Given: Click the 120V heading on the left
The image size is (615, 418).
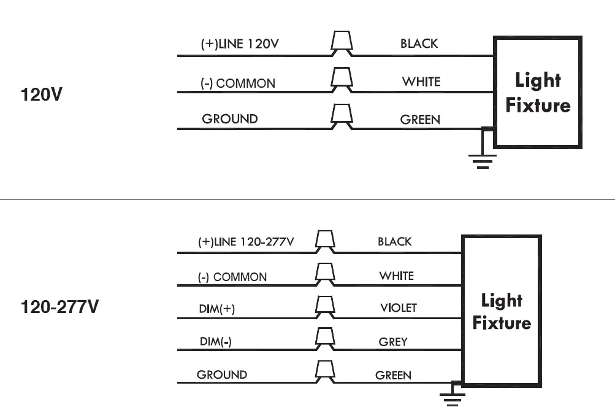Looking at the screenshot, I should point(41,95).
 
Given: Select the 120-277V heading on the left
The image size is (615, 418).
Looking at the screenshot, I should point(59,306).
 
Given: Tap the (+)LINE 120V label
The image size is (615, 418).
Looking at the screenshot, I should point(241,44).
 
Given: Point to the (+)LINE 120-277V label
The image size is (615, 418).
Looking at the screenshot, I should point(246,242).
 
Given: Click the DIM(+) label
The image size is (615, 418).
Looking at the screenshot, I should point(216,309).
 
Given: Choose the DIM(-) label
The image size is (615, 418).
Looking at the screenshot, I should point(216,342).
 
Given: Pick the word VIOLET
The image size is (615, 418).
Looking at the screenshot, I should point(398,308).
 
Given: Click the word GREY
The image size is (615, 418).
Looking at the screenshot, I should point(393,341).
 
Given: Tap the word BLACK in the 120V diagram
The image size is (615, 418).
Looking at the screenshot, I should point(419,44).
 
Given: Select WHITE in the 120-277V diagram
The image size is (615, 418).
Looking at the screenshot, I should point(396,276).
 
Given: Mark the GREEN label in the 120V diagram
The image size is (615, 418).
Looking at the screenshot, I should point(420,120).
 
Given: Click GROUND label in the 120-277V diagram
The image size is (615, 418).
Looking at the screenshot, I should point(222,374).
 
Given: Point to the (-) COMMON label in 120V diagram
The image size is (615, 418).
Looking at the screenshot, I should point(238,83).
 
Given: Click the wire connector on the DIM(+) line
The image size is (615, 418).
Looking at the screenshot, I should point(324,306).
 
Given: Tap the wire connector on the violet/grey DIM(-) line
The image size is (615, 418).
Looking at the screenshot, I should point(324,338).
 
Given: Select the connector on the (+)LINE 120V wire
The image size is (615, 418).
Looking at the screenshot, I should point(342,43).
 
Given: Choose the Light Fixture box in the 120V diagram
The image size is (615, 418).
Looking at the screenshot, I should point(538,92).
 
